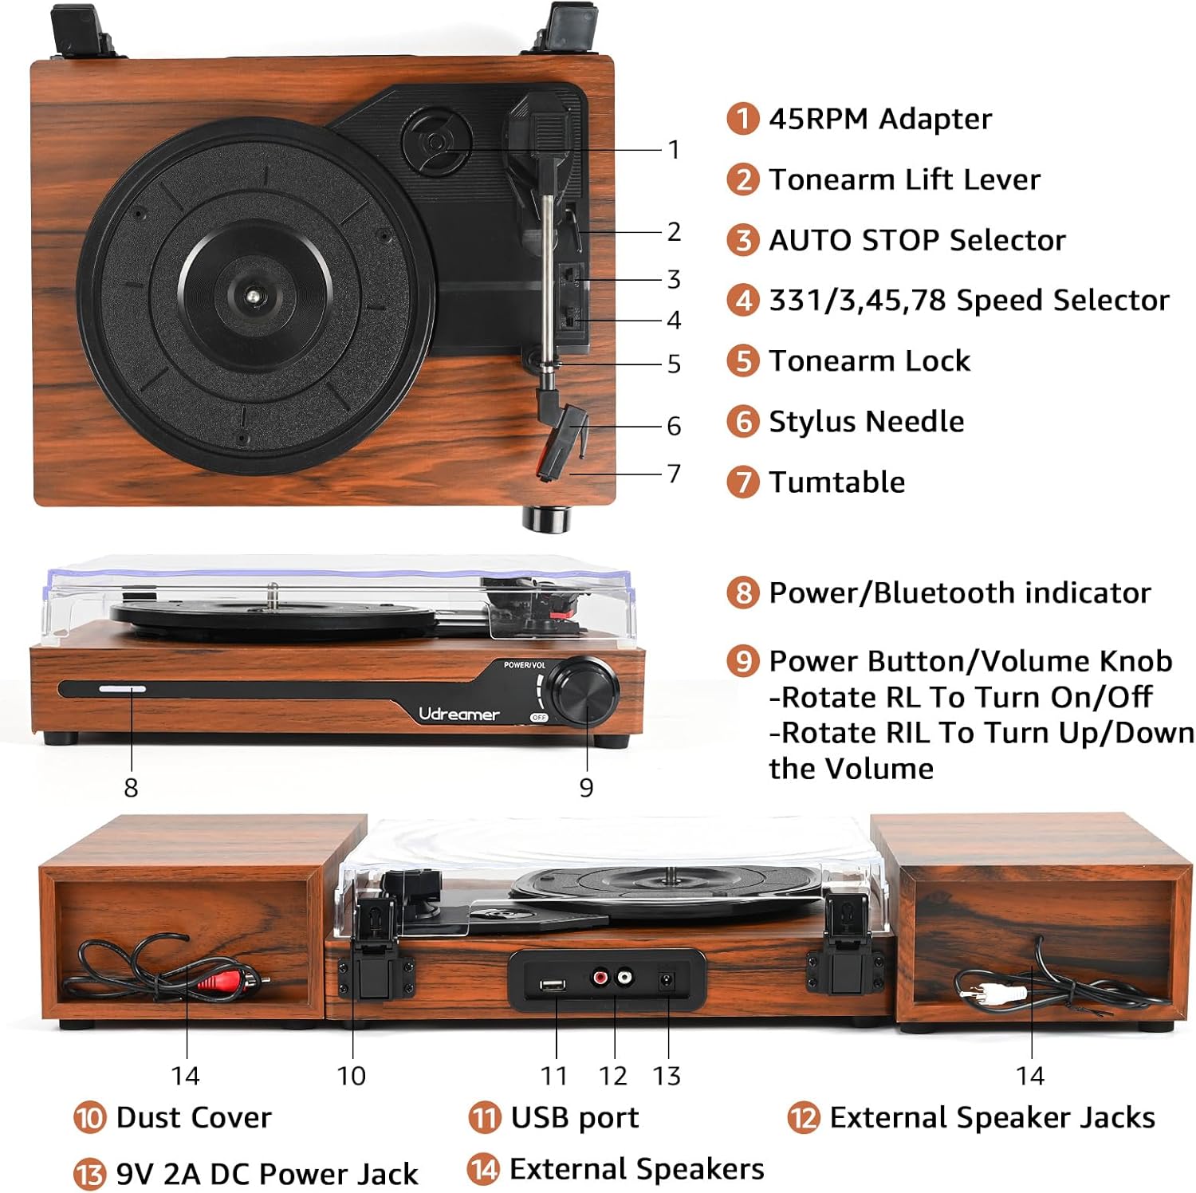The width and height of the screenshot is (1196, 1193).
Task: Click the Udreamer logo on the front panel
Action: point(458,714)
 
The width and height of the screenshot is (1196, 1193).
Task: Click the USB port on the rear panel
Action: point(552,985)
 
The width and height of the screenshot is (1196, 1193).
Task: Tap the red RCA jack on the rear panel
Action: point(600,976)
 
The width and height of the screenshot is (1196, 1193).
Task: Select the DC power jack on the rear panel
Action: point(666,980)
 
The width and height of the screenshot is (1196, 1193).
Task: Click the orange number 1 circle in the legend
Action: point(742,119)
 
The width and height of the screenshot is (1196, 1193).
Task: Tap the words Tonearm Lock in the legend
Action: point(869,361)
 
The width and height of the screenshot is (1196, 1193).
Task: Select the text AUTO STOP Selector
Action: point(917,240)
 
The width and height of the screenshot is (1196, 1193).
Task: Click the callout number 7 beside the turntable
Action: point(674,473)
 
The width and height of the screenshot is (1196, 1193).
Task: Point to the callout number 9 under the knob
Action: point(586,788)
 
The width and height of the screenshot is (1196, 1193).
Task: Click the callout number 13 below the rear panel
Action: point(667,1076)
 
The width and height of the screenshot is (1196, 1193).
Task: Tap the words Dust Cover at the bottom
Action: point(194,1117)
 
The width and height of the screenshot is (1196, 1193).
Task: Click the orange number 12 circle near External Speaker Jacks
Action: point(803,1118)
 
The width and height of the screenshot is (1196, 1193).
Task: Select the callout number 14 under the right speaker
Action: point(1030,1076)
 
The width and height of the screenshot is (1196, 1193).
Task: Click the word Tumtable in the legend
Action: point(836,482)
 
